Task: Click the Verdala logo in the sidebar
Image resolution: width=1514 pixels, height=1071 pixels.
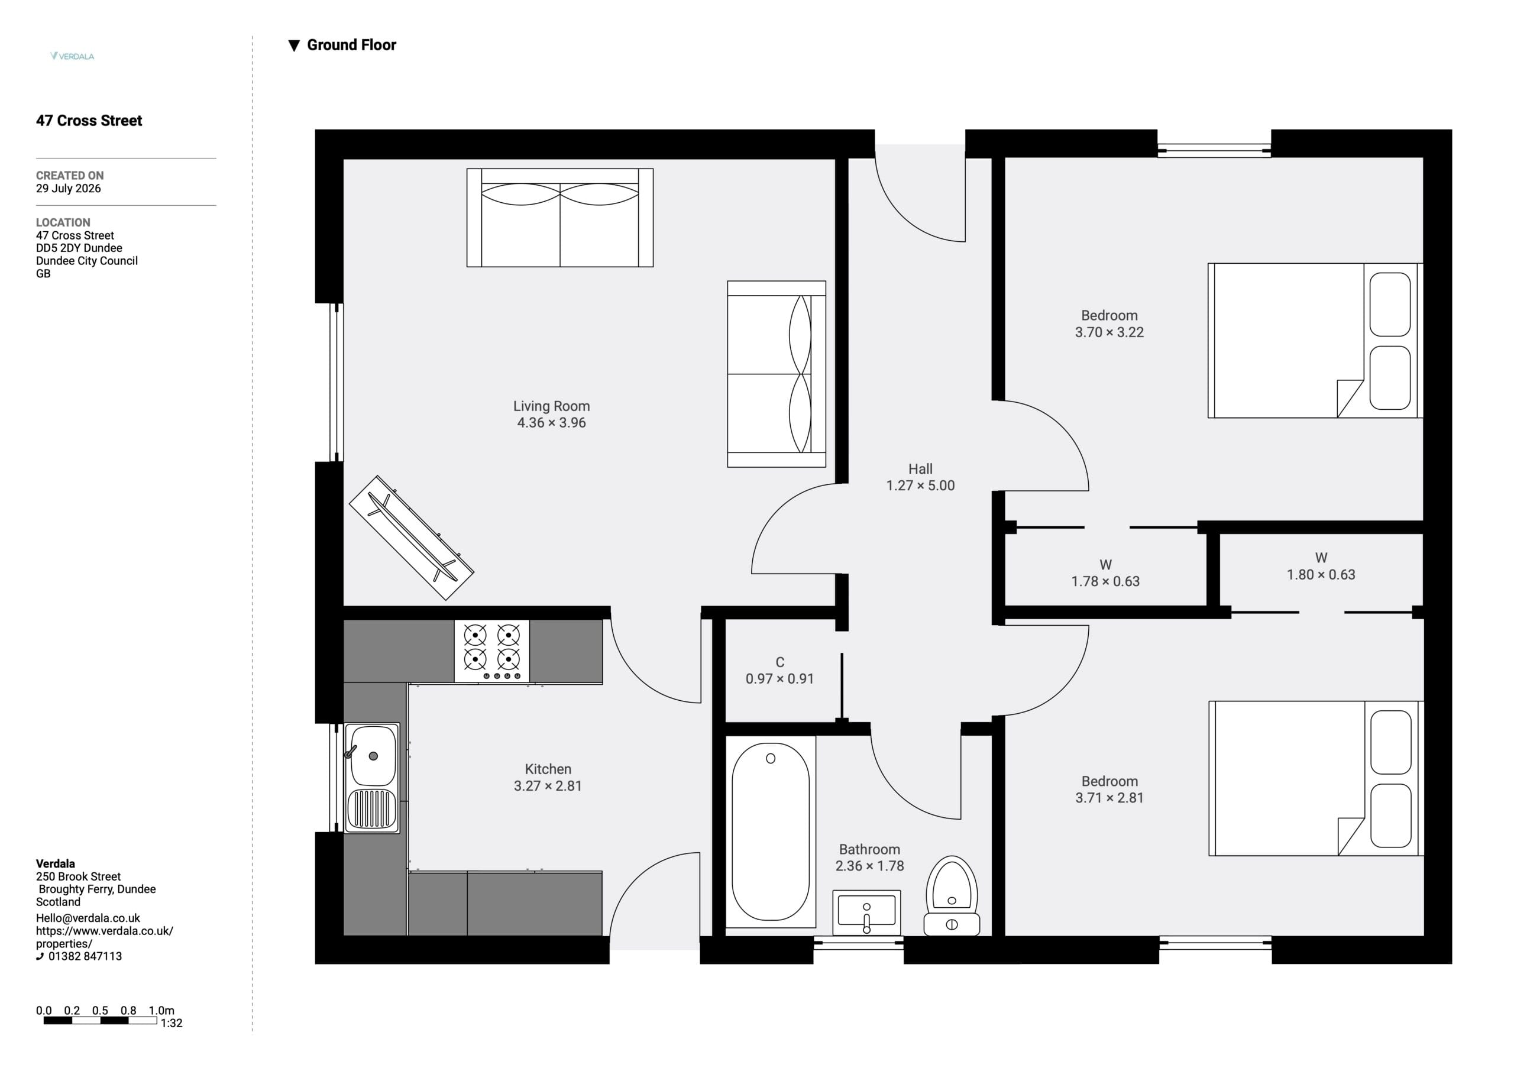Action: click(72, 56)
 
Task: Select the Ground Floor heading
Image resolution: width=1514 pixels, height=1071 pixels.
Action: click(342, 45)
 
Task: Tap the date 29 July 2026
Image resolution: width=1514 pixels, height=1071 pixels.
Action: click(69, 189)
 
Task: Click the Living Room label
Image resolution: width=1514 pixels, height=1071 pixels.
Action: click(551, 406)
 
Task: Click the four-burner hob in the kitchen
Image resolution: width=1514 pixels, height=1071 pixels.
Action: click(491, 651)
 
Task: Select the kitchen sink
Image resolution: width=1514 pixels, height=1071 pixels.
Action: click(372, 778)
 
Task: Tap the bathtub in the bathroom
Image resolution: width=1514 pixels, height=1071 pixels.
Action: click(770, 831)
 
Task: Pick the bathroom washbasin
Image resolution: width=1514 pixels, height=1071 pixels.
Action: click(866, 913)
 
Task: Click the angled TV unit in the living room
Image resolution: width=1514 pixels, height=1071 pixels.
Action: click(412, 538)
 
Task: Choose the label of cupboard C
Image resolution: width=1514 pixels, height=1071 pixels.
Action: click(780, 662)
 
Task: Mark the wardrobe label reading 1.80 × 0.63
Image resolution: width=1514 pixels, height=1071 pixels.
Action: click(1321, 574)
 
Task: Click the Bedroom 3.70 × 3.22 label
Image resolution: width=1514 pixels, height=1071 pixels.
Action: click(1109, 324)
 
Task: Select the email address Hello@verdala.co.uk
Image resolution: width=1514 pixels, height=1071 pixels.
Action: click(88, 918)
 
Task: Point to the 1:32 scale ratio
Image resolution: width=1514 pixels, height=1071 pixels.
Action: click(172, 1023)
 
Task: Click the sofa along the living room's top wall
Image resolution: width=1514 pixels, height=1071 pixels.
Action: click(560, 218)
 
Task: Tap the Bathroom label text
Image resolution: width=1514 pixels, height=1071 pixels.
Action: click(869, 849)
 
